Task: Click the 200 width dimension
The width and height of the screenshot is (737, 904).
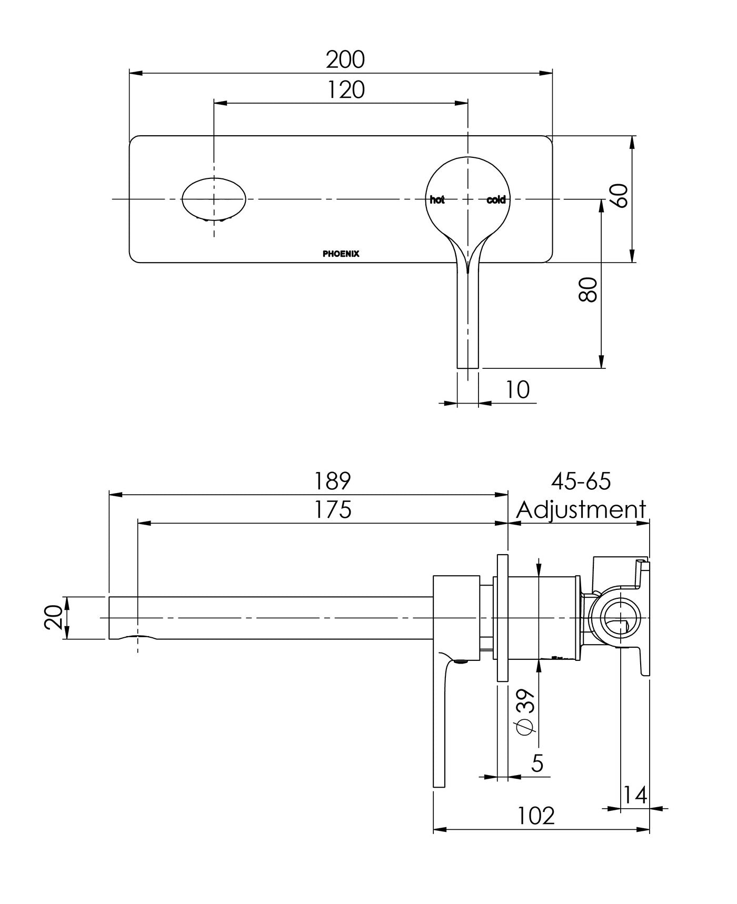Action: [345, 59]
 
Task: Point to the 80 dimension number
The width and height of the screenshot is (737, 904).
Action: [588, 289]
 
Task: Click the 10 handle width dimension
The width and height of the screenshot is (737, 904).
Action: [517, 390]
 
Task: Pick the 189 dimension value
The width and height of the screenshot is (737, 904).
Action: [332, 480]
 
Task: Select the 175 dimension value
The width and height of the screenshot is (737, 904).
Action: [332, 509]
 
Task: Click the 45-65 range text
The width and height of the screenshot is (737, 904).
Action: [581, 480]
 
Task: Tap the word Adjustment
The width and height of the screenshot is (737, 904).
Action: [581, 509]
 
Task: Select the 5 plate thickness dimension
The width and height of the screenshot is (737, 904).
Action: [536, 762]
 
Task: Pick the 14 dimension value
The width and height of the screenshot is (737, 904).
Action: [635, 795]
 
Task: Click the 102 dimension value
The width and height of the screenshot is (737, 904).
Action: [536, 816]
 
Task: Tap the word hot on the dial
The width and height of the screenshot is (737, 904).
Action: [437, 200]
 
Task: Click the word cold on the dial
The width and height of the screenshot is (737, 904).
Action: [496, 200]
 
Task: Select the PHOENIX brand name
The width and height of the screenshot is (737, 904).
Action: [341, 254]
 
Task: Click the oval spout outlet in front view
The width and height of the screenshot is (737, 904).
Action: [214, 199]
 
